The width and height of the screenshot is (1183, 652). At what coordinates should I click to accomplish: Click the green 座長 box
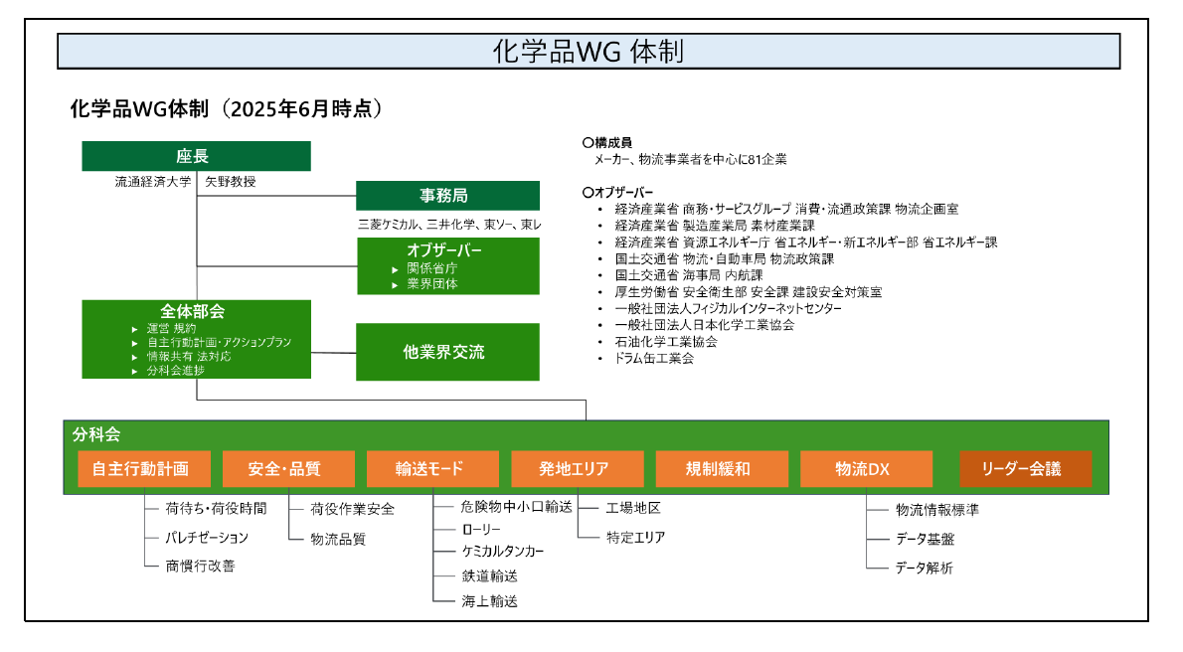(x=196, y=155)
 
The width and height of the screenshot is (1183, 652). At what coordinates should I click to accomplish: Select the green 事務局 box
(x=447, y=196)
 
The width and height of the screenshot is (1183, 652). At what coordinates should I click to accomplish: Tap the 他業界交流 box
(x=447, y=352)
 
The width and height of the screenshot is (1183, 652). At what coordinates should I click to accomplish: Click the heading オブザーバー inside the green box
(x=443, y=249)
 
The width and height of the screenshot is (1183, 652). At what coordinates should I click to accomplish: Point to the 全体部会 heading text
(x=193, y=311)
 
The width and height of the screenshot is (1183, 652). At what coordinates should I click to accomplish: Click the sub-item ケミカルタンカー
(x=502, y=552)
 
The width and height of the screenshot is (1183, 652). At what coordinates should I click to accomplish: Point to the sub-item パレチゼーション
(x=207, y=538)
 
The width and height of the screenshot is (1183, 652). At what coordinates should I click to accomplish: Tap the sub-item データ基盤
(x=925, y=539)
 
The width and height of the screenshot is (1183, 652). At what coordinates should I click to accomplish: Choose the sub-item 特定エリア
(x=635, y=538)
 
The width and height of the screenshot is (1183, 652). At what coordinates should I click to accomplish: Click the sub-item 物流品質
(x=338, y=539)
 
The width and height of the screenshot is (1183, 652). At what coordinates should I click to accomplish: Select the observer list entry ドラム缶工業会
(x=654, y=359)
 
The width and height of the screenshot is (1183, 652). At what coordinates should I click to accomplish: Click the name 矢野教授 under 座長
(x=230, y=182)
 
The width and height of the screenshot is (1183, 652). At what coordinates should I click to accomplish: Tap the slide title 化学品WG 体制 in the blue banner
(x=589, y=52)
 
